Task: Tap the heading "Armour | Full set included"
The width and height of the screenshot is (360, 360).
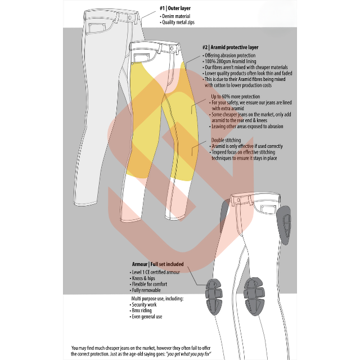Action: click(x=159, y=263)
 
